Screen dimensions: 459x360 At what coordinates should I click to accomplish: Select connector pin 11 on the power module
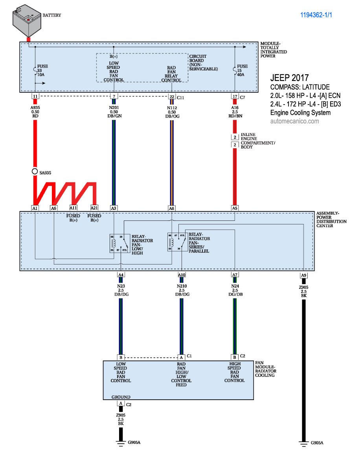pos(35,96)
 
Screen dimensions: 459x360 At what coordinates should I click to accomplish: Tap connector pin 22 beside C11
pos(172,96)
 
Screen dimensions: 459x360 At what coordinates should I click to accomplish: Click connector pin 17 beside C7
pos(235,96)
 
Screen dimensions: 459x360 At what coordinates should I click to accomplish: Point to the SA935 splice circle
pos(35,172)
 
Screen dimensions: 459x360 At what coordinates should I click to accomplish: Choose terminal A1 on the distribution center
pos(35,207)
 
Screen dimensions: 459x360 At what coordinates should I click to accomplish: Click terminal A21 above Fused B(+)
pos(94,207)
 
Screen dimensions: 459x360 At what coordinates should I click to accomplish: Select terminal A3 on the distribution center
pos(114,207)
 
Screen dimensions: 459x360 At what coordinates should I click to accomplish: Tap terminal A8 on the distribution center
pos(172,207)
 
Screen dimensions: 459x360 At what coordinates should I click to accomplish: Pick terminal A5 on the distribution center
pos(235,207)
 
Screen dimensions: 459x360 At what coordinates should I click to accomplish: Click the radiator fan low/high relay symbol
pos(119,244)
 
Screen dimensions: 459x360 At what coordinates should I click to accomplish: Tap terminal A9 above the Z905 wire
pos(303,275)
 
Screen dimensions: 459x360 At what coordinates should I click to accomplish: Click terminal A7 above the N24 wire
pos(235,275)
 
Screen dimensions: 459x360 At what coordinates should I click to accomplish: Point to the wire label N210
pos(182,286)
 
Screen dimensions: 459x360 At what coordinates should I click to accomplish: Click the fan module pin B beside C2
pos(235,357)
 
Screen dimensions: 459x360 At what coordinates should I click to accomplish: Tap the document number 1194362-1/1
pos(319,15)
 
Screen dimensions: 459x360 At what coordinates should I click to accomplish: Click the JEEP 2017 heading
pos(290,78)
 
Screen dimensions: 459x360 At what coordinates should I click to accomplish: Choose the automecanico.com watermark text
pos(295,121)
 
